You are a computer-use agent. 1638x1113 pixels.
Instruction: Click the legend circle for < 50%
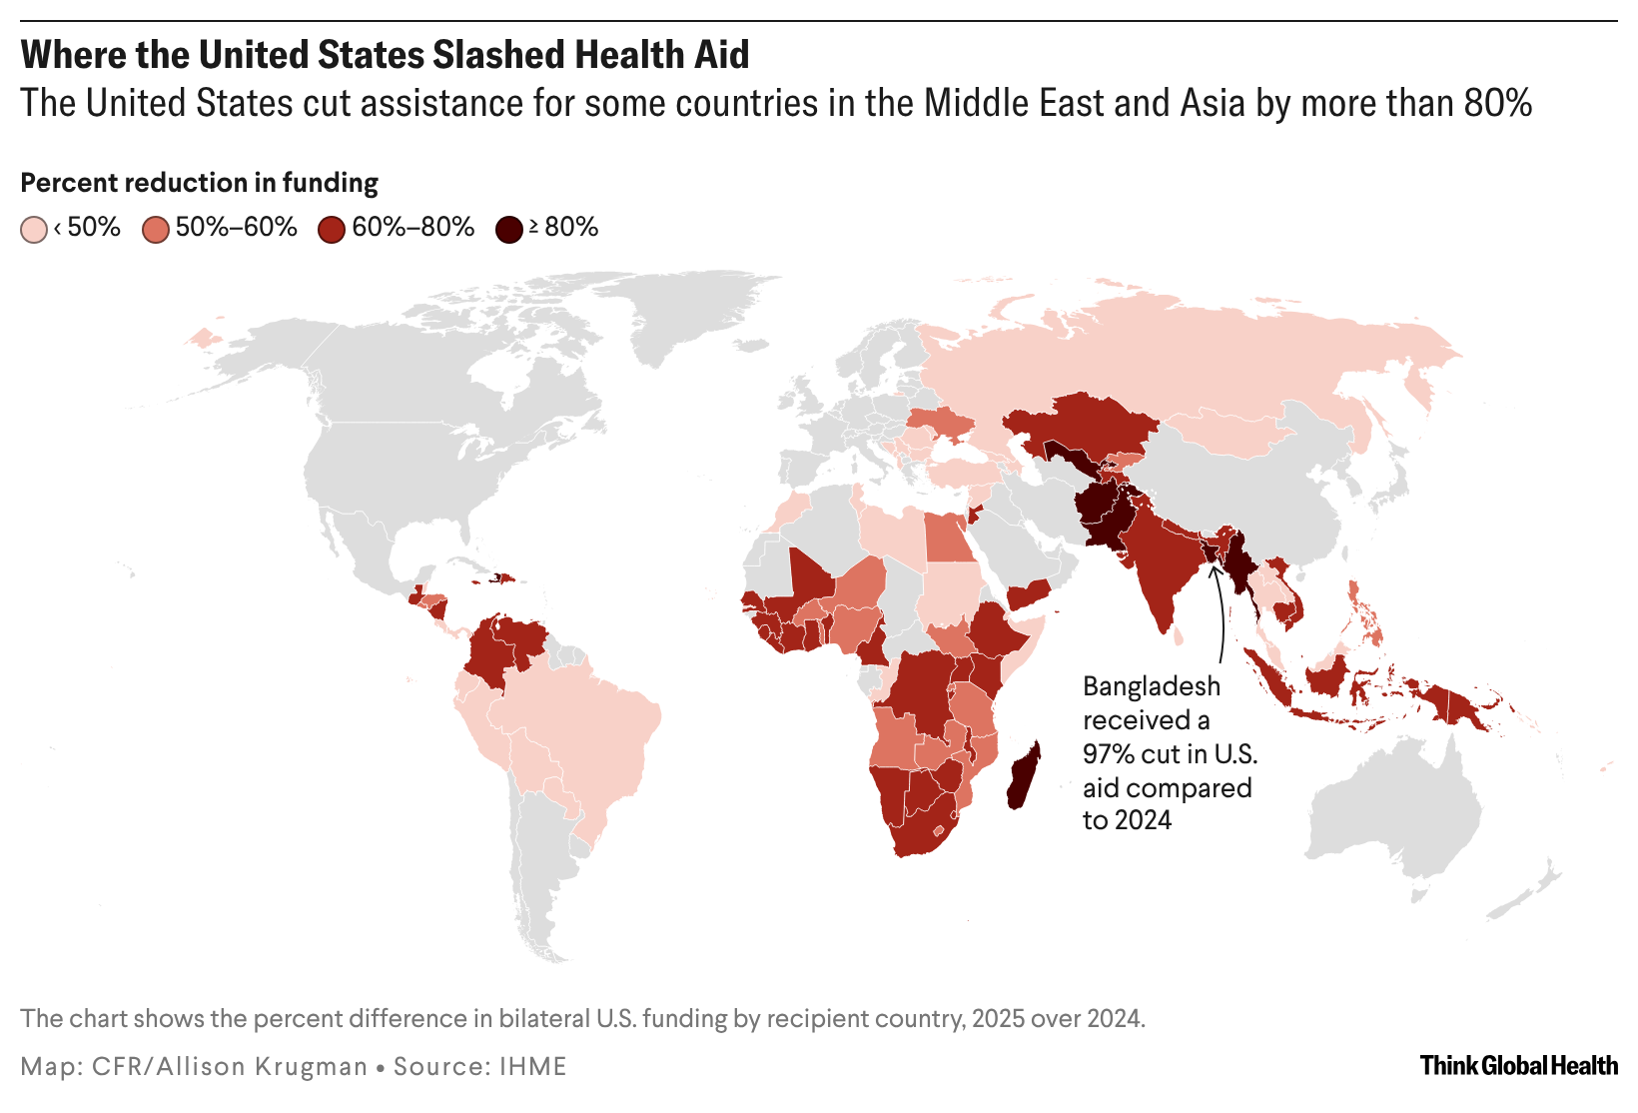click(x=34, y=230)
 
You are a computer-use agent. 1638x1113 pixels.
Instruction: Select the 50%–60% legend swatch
click(x=156, y=230)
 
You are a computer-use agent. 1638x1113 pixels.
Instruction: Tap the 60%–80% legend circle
click(x=332, y=230)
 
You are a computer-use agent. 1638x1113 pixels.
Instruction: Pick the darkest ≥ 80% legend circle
click(x=509, y=230)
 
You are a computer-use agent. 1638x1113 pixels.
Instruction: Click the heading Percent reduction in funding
click(x=200, y=183)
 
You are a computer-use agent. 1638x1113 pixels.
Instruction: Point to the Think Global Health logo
click(x=1518, y=1065)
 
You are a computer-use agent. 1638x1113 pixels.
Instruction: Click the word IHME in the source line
click(x=533, y=1066)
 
